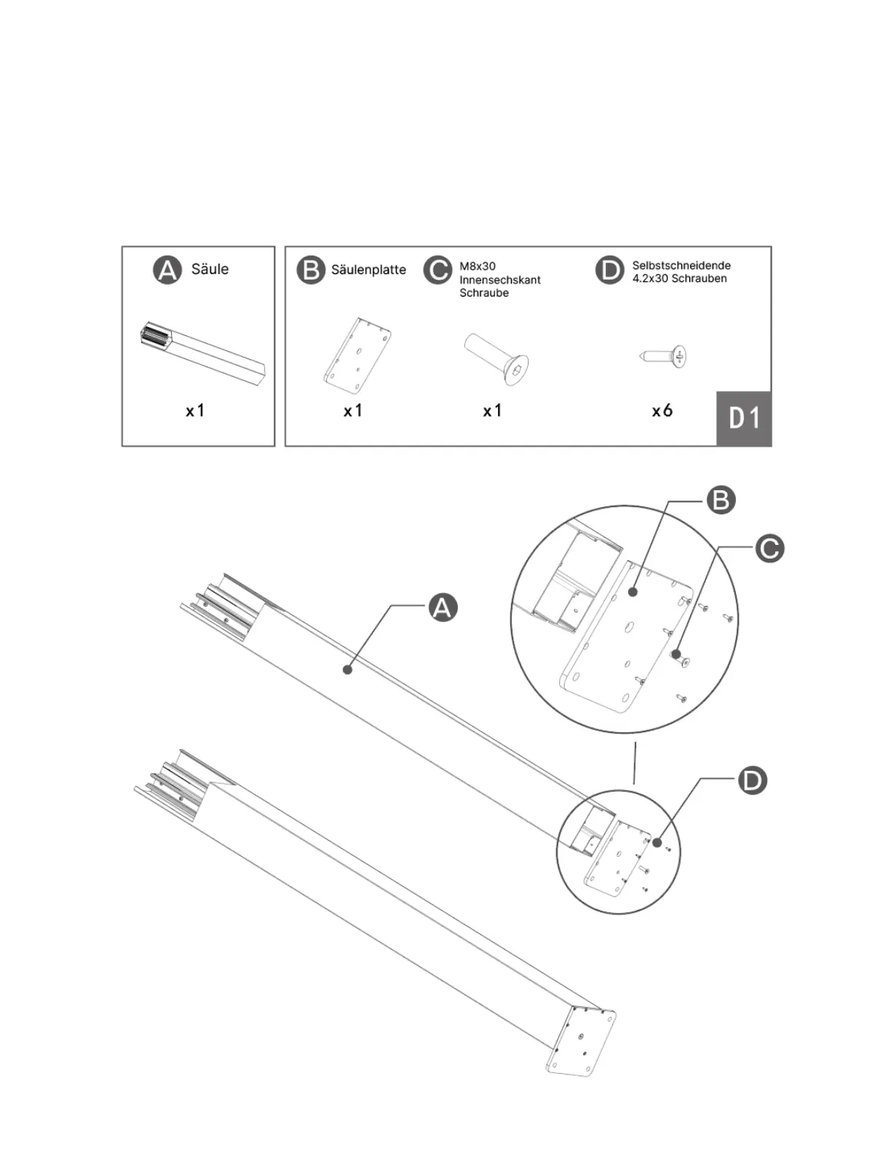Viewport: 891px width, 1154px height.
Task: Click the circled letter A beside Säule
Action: tap(167, 270)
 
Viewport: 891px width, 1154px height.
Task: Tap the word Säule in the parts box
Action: tap(210, 270)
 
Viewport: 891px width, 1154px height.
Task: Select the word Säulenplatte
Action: tap(368, 270)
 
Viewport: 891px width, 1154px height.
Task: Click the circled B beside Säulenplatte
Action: tap(311, 270)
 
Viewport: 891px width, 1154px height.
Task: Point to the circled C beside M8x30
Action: tap(438, 270)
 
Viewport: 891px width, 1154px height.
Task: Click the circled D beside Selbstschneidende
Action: tap(609, 270)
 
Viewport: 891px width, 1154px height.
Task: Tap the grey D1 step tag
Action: tap(744, 419)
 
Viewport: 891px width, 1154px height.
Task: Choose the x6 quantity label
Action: tap(662, 411)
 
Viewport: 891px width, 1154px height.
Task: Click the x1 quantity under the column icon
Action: tap(195, 411)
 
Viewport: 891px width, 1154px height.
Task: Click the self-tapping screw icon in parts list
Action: tap(665, 357)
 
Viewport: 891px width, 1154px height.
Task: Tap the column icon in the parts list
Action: tap(203, 352)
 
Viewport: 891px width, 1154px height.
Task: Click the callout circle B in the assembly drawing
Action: tap(721, 501)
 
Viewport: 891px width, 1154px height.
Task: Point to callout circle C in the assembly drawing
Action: tap(769, 548)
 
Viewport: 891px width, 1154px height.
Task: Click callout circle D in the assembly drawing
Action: tap(752, 780)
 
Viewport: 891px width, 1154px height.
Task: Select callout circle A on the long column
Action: tap(443, 606)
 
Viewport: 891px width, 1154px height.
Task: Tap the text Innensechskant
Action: tap(499, 280)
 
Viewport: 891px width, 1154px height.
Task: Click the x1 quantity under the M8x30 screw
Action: tap(492, 411)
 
